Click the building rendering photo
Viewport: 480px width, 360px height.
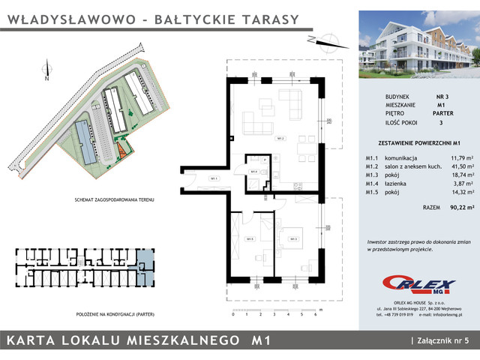[x=415, y=46]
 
